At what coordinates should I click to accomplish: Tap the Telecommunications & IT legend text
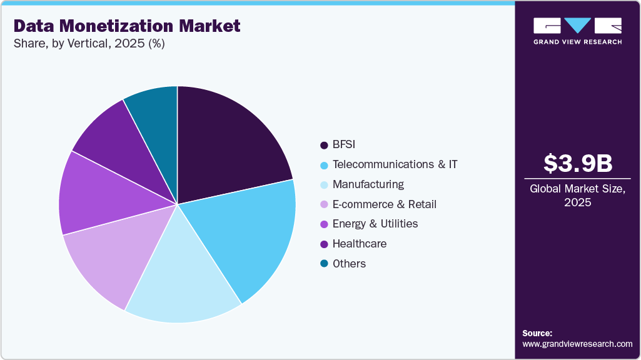pyautogui.click(x=395, y=164)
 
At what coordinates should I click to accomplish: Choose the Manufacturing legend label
pyautogui.click(x=368, y=184)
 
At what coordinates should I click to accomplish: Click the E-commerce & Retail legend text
pyautogui.click(x=384, y=204)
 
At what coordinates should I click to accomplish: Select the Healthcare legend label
pyautogui.click(x=360, y=244)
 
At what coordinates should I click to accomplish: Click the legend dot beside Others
pyautogui.click(x=324, y=264)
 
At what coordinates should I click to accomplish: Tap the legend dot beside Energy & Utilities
pyautogui.click(x=324, y=224)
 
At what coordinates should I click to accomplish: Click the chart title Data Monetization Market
pyautogui.click(x=127, y=26)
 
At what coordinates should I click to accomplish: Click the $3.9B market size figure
pyautogui.click(x=577, y=164)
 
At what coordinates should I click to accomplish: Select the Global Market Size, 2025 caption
pyautogui.click(x=577, y=196)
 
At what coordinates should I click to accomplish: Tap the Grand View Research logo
pyautogui.click(x=577, y=30)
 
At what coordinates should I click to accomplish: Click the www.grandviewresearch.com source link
pyautogui.click(x=577, y=344)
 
